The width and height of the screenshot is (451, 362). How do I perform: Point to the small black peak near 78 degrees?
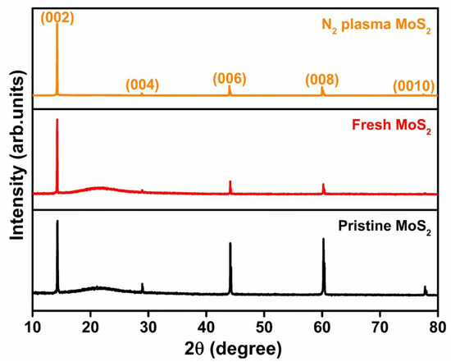point(425,289)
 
